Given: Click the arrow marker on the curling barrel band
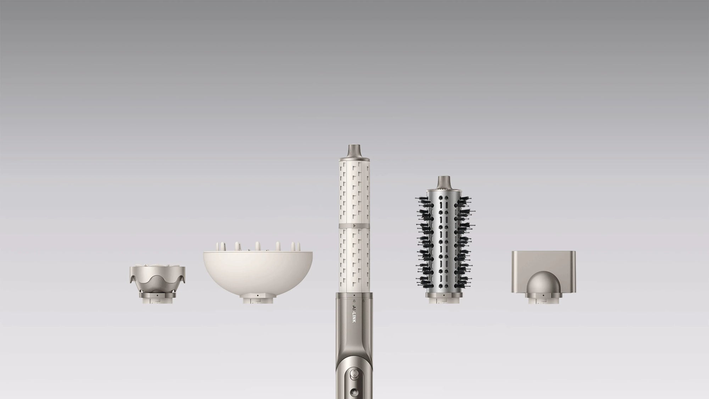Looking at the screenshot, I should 354,225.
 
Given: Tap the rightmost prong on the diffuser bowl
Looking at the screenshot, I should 294,246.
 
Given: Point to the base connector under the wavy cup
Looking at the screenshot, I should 157,299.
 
